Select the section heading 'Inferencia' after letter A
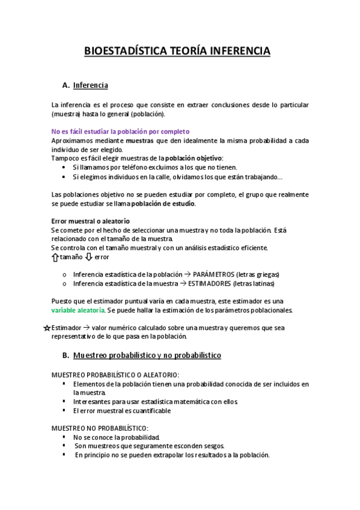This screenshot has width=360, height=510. tap(90, 85)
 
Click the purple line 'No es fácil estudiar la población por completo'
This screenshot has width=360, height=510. tap(120, 131)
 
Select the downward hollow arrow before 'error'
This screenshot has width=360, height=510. tap(89, 257)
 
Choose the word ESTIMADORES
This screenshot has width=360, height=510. tap(213, 283)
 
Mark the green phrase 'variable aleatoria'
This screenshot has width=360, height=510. tap(77, 310)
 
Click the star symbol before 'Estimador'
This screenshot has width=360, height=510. tap(47, 328)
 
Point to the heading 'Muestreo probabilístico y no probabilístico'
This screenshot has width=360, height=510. tap(147, 355)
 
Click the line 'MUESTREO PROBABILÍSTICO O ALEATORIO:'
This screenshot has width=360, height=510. tap(107, 375)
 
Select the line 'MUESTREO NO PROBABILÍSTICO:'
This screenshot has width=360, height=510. tap(91, 428)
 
